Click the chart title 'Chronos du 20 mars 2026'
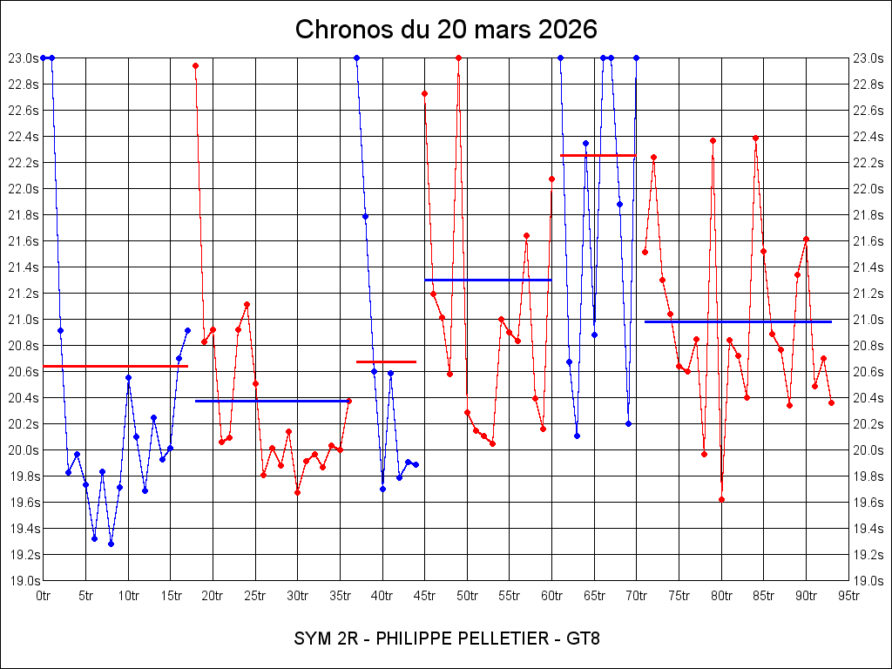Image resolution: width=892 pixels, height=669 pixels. (446, 29)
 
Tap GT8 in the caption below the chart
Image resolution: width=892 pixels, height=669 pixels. (583, 639)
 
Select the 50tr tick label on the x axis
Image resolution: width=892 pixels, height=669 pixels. (467, 596)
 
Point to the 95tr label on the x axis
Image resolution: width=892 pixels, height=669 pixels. (848, 596)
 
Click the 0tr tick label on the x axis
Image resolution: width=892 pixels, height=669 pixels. (43, 596)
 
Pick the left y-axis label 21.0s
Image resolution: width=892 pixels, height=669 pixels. (24, 320)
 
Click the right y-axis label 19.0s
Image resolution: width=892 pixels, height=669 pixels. (868, 581)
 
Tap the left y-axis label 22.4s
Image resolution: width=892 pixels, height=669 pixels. (24, 137)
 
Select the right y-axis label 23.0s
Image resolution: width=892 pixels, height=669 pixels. (868, 58)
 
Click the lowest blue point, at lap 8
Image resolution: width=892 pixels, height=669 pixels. (111, 544)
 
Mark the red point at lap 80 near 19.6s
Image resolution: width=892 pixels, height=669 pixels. (721, 499)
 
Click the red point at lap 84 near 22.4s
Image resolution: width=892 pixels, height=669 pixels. (755, 138)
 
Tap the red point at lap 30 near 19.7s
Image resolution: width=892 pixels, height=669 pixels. (298, 492)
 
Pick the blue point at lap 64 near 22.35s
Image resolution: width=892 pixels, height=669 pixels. (585, 144)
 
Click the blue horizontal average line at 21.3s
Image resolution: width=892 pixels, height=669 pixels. (488, 280)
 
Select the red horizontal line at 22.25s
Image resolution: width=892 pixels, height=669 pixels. (598, 155)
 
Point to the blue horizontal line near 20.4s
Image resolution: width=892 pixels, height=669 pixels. (272, 401)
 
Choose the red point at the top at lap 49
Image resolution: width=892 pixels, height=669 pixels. (458, 58)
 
